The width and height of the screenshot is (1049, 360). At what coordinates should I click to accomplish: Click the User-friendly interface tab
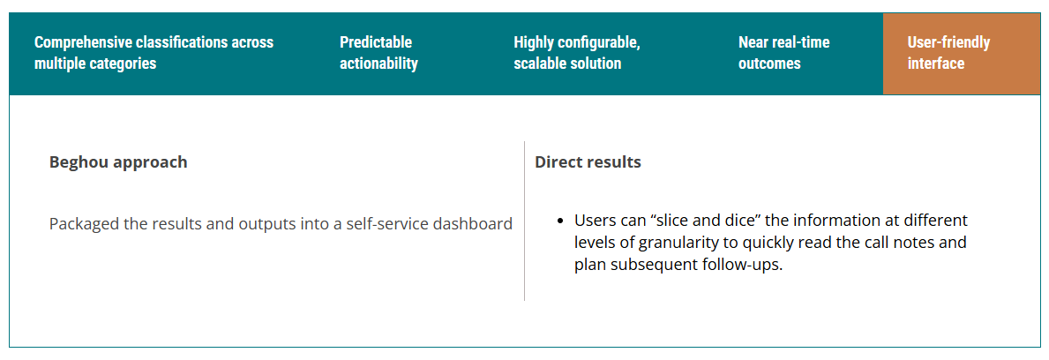coord(962,54)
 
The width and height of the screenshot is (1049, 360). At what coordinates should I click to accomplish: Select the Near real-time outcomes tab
coord(783,54)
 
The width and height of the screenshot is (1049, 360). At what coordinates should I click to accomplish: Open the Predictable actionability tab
coord(378,54)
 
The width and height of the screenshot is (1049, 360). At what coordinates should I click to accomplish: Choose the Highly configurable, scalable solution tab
coord(577,54)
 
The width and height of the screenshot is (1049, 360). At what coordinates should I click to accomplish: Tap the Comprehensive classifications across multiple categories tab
coord(154,54)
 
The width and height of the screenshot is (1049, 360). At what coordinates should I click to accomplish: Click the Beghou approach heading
coord(118,162)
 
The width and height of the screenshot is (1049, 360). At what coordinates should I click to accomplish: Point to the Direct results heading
coord(588,162)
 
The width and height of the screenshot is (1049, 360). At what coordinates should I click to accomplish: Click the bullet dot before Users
coord(560,221)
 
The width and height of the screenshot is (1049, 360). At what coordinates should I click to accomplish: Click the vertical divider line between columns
coord(524,221)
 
